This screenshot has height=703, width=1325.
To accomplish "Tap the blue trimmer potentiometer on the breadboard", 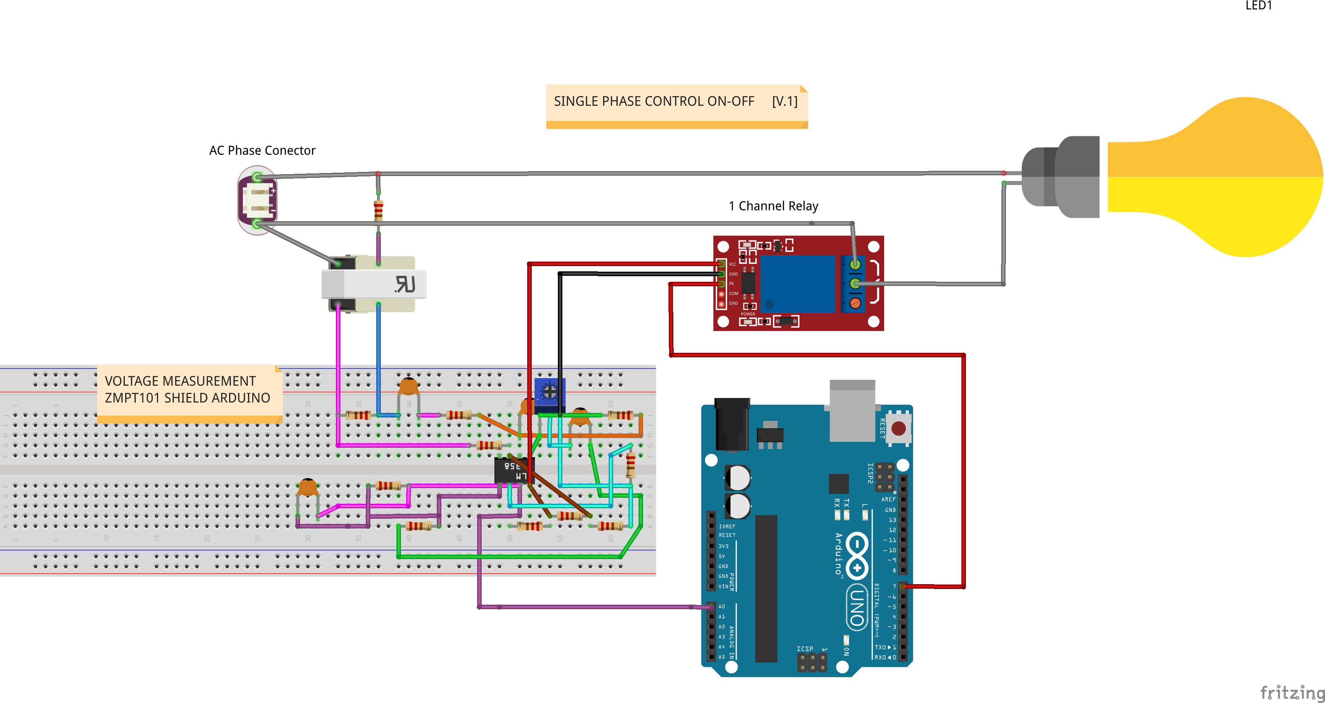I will (x=549, y=393).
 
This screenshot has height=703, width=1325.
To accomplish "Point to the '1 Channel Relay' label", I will (x=773, y=206).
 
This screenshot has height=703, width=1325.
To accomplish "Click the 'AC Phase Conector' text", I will (x=262, y=150).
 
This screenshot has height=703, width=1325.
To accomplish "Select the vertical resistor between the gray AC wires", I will (x=378, y=210).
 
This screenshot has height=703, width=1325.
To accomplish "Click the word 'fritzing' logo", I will (x=1291, y=692).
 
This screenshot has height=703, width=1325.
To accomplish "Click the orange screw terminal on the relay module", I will (x=855, y=303).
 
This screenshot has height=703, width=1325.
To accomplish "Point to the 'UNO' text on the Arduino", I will (x=856, y=607).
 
